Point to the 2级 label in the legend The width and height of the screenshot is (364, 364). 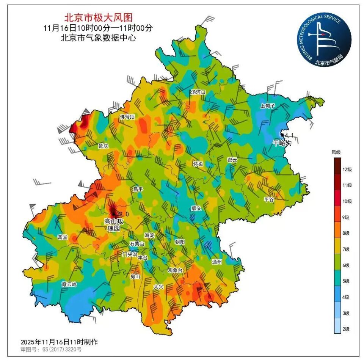(x=346, y=329)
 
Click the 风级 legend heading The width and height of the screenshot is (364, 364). (x=336, y=152)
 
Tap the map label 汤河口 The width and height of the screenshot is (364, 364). (x=198, y=92)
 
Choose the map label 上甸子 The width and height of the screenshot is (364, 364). (x=267, y=106)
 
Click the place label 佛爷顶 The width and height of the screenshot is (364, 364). (x=127, y=117)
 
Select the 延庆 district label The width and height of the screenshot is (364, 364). (x=103, y=146)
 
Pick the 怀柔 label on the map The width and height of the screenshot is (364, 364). (x=198, y=164)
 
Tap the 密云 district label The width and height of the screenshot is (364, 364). (x=232, y=160)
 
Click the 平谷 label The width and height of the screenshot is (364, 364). (x=269, y=199)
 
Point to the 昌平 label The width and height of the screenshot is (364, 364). (x=138, y=189)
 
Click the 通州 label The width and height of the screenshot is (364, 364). (x=217, y=262)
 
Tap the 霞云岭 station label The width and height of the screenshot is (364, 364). (x=69, y=284)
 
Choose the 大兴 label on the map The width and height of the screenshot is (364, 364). (x=158, y=287)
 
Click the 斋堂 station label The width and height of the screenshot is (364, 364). (x=63, y=237)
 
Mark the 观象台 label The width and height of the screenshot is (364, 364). (x=175, y=270)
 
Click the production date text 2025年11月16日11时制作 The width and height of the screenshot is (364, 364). (x=59, y=342)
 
